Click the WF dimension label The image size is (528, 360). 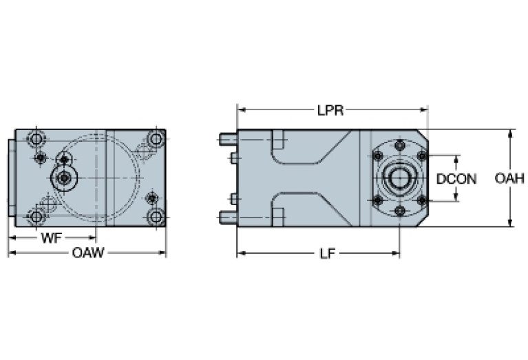coord(50,238)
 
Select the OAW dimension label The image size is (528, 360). coord(88,253)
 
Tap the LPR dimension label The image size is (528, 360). coord(330,110)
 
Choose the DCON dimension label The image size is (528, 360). coord(456,178)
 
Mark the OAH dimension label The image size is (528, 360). coord(510,178)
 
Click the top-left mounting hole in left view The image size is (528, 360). coord(36,140)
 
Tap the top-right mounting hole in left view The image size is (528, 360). coord(156,140)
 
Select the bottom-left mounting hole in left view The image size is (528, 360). coord(36,217)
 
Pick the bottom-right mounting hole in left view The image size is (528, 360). coord(156,217)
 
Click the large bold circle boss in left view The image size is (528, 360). coord(65,178)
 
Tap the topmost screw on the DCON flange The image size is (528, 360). coord(399,146)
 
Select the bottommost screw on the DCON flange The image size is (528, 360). coord(399,210)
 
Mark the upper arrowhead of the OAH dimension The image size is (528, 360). coord(510,133)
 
